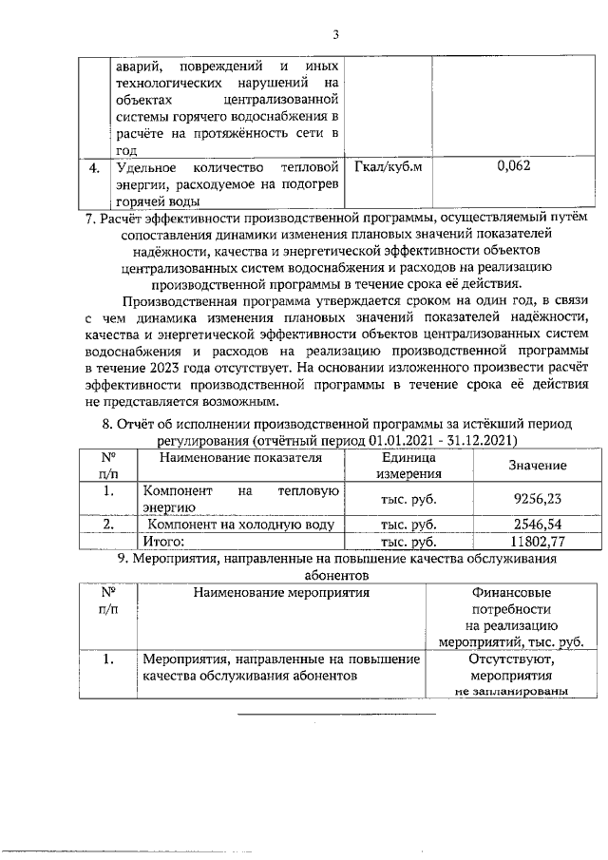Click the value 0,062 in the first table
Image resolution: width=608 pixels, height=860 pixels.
514,167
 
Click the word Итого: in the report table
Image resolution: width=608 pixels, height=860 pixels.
162,541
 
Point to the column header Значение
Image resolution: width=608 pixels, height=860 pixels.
536,465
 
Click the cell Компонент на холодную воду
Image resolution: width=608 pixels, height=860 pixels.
240,524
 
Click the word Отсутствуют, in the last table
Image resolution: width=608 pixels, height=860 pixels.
510,658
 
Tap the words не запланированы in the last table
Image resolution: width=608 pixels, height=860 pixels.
510,692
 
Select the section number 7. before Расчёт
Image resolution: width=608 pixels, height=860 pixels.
90,219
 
